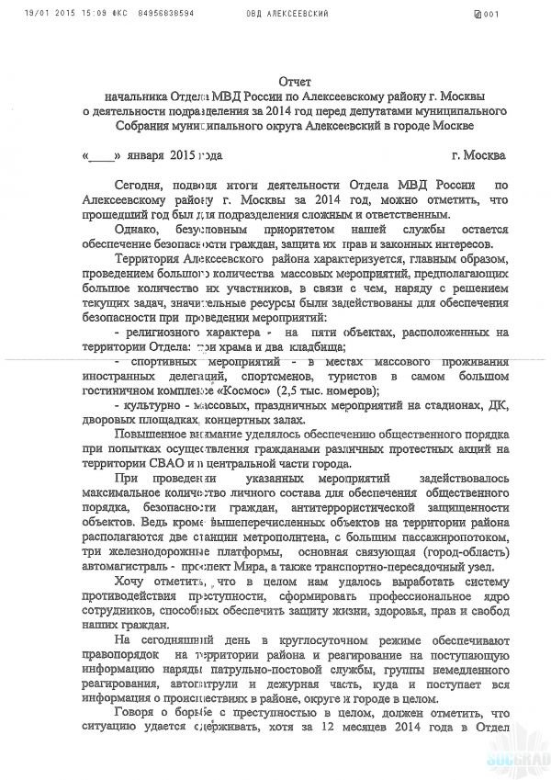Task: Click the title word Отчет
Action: coord(296,83)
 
